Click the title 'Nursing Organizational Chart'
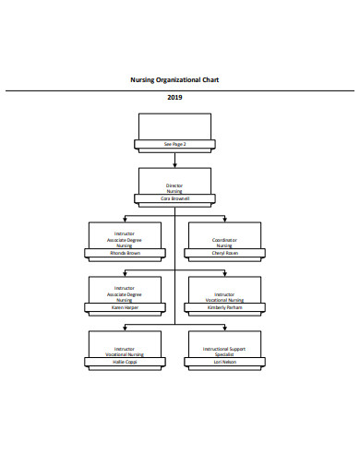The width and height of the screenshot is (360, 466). click(x=174, y=80)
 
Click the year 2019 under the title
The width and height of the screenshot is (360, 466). click(x=174, y=97)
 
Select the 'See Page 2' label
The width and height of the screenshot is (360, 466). click(x=174, y=144)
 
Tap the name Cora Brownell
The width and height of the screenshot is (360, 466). click(x=174, y=198)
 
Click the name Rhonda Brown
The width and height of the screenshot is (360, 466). click(x=125, y=252)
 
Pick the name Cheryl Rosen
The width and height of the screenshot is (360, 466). click(x=224, y=252)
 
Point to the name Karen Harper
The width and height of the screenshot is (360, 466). click(x=125, y=306)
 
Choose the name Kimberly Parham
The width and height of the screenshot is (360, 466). click(x=224, y=306)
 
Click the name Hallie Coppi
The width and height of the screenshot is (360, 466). click(x=125, y=361)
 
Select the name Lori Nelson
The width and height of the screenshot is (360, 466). click(x=224, y=361)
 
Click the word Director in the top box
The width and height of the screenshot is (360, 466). click(x=174, y=185)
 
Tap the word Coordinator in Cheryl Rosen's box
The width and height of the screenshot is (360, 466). click(x=224, y=240)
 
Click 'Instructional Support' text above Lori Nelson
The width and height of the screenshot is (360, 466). click(x=224, y=349)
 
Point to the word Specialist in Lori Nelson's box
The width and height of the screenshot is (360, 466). click(x=224, y=354)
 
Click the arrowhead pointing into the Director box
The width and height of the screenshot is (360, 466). click(x=174, y=164)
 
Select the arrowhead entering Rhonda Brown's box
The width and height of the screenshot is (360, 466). click(x=125, y=220)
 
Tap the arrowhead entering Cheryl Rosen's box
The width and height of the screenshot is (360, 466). click(x=224, y=220)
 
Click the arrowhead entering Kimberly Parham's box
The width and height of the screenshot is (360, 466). click(x=224, y=274)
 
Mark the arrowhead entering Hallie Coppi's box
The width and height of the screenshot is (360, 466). click(x=125, y=329)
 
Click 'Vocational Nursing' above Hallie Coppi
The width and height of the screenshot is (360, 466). click(x=125, y=354)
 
